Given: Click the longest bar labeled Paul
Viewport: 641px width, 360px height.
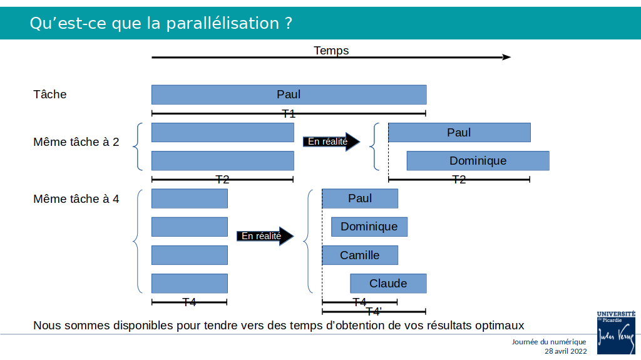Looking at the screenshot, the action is [289, 95].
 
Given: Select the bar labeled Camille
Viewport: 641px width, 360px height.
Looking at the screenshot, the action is [360, 255].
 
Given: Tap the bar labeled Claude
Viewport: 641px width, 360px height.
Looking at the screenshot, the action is [388, 284].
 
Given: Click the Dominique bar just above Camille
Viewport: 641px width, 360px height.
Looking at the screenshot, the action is [369, 227].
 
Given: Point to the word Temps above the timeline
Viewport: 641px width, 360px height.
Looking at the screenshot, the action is [331, 50].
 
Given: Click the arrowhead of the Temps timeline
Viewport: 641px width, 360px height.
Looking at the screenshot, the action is [507, 57].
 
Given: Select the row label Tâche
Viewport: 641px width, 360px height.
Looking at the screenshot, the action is [50, 95].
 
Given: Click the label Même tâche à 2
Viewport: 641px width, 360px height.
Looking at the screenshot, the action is [76, 142].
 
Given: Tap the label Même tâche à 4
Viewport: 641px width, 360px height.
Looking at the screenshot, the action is [76, 199].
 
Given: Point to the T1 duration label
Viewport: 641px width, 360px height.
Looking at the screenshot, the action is [289, 114].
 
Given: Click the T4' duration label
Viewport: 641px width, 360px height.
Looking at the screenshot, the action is [374, 312].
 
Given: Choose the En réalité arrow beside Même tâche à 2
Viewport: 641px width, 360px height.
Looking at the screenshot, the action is [331, 141].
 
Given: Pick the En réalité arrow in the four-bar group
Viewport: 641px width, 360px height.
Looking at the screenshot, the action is [265, 236].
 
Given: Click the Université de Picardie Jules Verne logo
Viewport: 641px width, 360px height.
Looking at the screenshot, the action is [616, 332].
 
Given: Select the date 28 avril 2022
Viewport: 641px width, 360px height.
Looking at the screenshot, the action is [565, 351].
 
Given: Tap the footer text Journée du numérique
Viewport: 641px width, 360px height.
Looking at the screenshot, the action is [549, 342].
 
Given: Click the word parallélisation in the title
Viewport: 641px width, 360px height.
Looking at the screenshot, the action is [222, 23].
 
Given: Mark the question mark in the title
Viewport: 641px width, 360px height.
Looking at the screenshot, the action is [289, 23].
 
